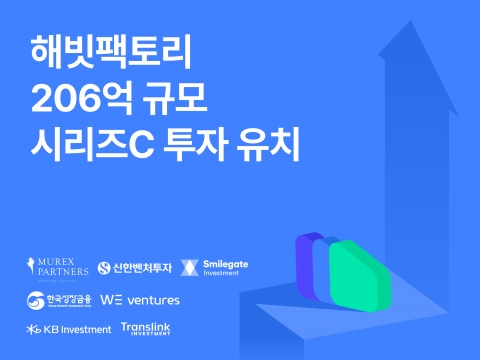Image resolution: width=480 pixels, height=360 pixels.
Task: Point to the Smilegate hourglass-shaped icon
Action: tap(190, 268)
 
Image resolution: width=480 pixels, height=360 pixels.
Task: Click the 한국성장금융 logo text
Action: tap(67, 300)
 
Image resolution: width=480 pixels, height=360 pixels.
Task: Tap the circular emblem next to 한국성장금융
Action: tap(34, 300)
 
